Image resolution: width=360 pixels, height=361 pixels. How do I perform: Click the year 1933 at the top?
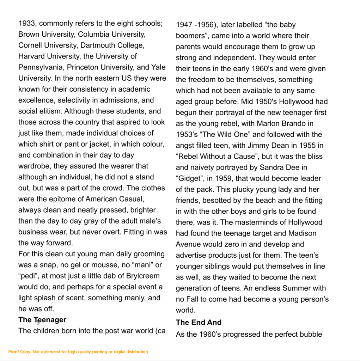click(27, 24)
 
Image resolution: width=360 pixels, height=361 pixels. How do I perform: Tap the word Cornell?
click(30, 45)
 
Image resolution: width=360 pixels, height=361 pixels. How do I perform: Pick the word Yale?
click(158, 67)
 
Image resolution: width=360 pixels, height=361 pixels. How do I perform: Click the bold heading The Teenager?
click(42, 320)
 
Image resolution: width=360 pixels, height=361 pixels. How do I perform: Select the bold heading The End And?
click(199, 322)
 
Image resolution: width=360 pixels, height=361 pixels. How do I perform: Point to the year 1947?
click(184, 25)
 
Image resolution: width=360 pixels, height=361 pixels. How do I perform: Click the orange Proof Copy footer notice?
click(78, 351)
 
